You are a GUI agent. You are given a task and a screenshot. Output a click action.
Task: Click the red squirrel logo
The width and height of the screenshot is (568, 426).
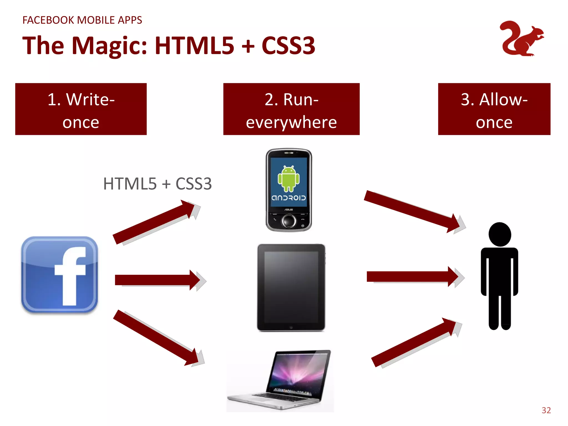pyautogui.click(x=521, y=39)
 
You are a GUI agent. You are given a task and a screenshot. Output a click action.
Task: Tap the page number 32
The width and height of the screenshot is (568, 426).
pyautogui.click(x=546, y=410)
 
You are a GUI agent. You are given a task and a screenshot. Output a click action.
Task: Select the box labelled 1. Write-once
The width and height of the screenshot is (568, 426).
pyautogui.click(x=81, y=109)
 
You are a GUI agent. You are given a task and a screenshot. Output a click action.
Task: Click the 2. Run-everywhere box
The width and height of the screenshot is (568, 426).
pyautogui.click(x=291, y=109)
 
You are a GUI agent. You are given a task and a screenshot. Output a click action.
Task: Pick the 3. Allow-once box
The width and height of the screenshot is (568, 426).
pyautogui.click(x=494, y=109)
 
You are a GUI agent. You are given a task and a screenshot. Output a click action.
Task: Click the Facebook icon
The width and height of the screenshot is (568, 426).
pyautogui.click(x=60, y=275)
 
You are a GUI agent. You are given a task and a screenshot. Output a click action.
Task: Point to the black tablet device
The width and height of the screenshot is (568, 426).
pyautogui.click(x=291, y=287)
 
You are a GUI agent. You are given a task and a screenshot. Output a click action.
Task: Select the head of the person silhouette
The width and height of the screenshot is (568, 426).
pyautogui.click(x=500, y=234)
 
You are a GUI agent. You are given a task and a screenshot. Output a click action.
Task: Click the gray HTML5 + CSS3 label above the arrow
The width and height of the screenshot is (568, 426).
pyautogui.click(x=157, y=184)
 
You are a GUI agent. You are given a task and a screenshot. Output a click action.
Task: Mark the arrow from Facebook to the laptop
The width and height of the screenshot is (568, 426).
pyautogui.click(x=155, y=337)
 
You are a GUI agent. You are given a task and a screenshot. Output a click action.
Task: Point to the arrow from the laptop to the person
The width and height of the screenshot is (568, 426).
pyautogui.click(x=413, y=343)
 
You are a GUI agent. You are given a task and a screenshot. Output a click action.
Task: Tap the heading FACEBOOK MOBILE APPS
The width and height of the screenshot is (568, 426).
pyautogui.click(x=82, y=20)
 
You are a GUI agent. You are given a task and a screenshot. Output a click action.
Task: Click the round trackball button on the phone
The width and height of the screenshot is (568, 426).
pyautogui.click(x=289, y=221)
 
